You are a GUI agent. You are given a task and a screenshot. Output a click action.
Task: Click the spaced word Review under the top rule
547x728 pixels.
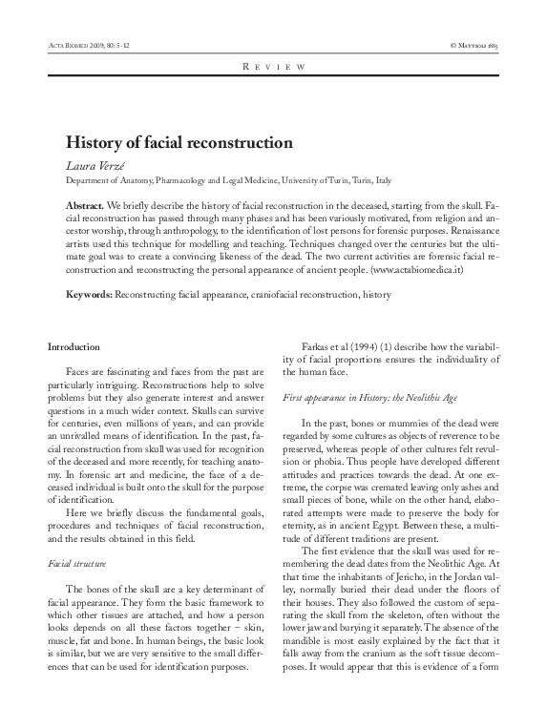coord(273,68)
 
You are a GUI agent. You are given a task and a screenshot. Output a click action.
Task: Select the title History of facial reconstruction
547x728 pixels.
coord(178,144)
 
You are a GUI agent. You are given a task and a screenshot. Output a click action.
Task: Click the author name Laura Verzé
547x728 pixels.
coord(91,166)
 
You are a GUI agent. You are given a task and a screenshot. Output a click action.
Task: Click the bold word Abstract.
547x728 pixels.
coord(84,206)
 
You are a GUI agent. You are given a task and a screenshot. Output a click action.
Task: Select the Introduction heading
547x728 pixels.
coord(75,345)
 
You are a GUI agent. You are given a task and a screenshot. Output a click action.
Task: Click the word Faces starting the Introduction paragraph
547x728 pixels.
coord(80,369)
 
